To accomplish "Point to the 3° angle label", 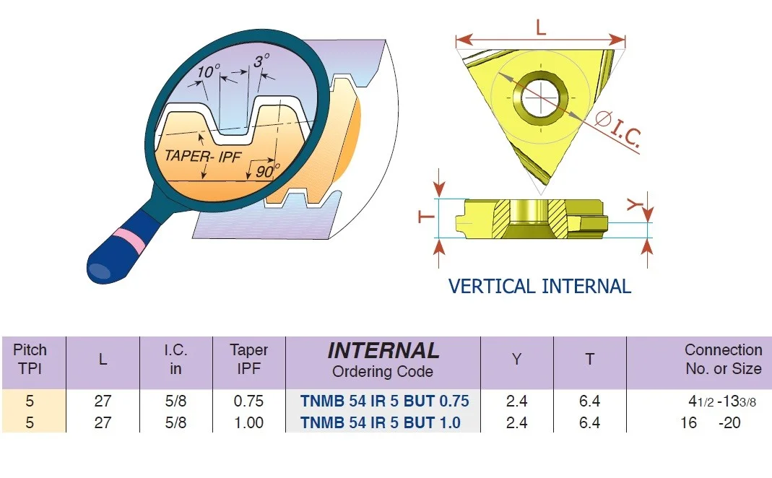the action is (261, 61).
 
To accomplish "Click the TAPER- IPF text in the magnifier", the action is (203, 156).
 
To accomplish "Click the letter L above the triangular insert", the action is (541, 27).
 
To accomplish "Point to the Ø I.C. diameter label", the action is (618, 129).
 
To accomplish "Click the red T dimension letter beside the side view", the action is (426, 217).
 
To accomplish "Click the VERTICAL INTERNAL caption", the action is (539, 287).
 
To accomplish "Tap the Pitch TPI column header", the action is (30, 359).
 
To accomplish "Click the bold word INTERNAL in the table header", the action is (383, 350).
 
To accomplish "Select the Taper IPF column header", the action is (248, 359).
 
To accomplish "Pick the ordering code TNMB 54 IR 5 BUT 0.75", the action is (384, 401).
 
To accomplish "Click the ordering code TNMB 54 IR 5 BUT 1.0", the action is (380, 423).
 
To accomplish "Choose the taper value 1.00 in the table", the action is (248, 423).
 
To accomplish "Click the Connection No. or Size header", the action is (724, 359).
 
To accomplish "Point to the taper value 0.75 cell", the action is (248, 401).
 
